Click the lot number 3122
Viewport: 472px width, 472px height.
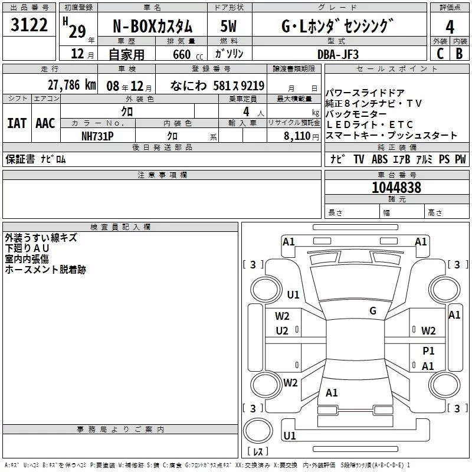click(x=29, y=25)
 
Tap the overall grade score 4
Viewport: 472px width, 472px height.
click(x=450, y=27)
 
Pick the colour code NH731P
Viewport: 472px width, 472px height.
click(x=97, y=136)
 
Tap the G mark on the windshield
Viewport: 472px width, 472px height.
click(x=372, y=311)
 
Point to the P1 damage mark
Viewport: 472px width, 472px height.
click(x=428, y=350)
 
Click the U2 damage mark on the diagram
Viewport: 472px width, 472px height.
click(x=282, y=331)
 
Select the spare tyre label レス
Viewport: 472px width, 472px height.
click(x=258, y=453)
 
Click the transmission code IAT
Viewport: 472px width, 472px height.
click(x=17, y=123)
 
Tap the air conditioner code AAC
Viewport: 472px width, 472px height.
click(x=45, y=123)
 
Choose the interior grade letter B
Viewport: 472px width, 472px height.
click(x=459, y=54)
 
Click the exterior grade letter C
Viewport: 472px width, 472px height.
click(x=440, y=54)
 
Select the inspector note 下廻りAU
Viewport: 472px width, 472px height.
click(x=28, y=248)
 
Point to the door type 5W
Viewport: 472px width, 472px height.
click(x=229, y=27)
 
